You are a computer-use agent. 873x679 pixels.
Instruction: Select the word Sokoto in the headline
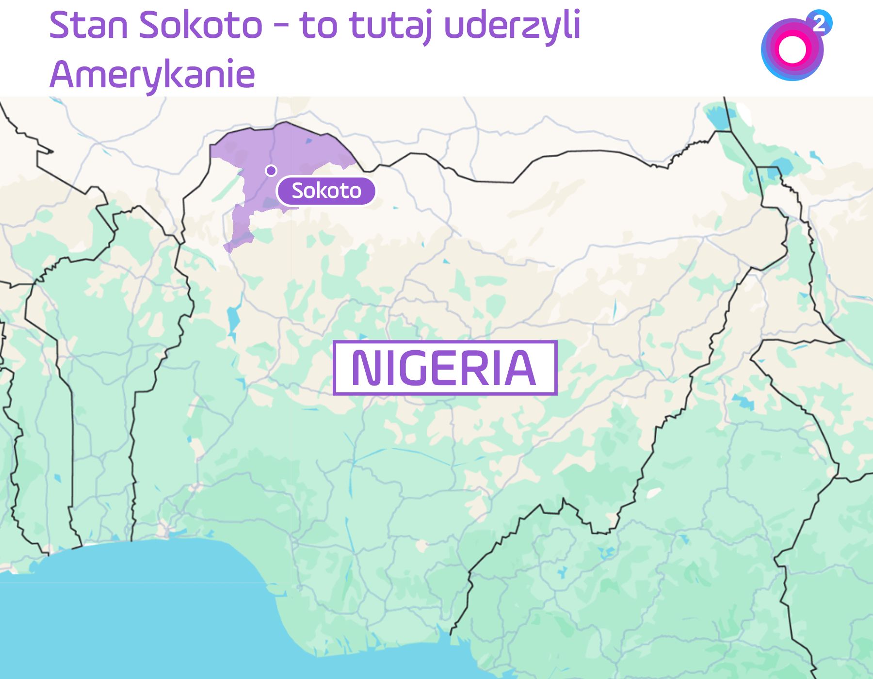200,25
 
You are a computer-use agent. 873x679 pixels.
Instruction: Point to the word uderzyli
512,25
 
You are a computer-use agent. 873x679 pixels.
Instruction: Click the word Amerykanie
152,75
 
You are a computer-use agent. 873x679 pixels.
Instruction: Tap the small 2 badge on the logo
819,23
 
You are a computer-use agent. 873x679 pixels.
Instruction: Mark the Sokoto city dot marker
271,170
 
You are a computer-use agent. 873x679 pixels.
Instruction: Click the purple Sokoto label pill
326,191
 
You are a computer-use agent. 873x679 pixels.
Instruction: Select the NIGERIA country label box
445,368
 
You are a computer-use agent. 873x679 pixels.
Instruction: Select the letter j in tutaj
427,27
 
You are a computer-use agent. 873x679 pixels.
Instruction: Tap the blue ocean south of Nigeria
145,621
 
